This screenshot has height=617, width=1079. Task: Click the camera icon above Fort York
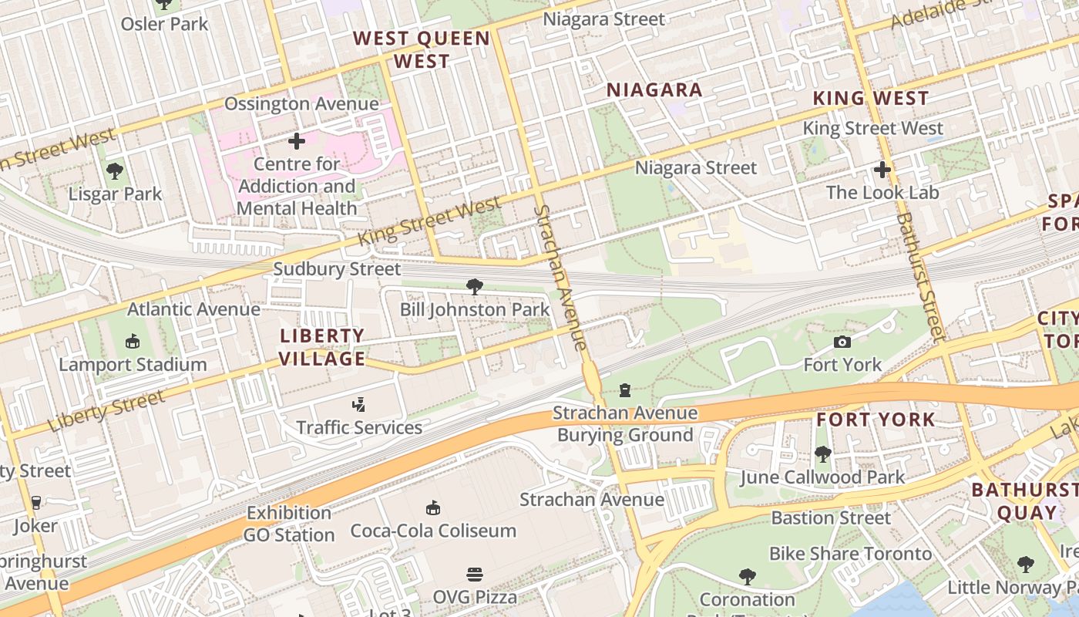point(842,342)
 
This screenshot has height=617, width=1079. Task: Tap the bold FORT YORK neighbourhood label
point(876,420)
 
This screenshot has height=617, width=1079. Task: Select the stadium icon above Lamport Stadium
point(133,341)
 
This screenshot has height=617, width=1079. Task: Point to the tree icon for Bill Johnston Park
point(475,287)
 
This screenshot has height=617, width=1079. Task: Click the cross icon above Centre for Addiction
point(297,141)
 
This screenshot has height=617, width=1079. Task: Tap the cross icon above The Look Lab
point(882,170)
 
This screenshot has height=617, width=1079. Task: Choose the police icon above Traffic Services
point(358,404)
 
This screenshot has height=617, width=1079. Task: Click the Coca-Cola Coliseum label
point(433,531)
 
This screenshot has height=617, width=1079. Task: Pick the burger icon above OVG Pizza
point(475,574)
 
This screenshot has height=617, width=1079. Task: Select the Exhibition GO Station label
point(289,524)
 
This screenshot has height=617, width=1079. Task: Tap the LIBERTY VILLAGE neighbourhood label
point(322,347)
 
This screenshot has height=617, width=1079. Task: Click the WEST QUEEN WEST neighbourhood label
point(422,50)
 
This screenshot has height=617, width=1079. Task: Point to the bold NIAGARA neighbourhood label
point(654,90)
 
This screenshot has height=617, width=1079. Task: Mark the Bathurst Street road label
point(919,278)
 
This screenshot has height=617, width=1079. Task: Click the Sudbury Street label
point(338,269)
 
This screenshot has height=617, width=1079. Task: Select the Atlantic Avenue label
point(193,309)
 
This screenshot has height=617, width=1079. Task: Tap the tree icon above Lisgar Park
point(115,170)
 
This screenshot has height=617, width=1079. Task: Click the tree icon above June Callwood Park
point(822,454)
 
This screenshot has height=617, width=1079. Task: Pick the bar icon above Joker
point(35,503)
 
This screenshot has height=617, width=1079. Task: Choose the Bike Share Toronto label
point(851,554)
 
